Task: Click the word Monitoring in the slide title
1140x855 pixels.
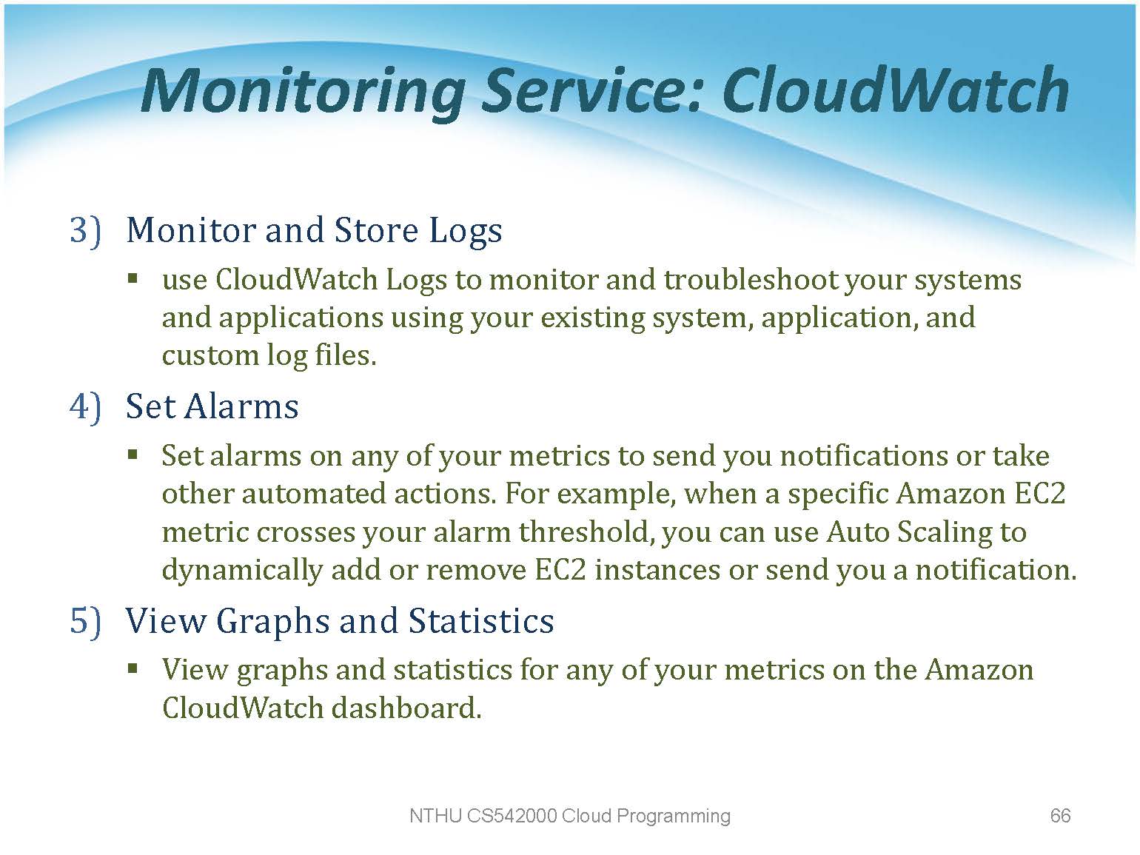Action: [302, 93]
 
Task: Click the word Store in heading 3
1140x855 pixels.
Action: [376, 230]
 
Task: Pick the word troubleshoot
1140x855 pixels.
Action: [750, 280]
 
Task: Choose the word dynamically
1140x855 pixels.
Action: [242, 571]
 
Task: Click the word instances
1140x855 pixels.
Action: [657, 570]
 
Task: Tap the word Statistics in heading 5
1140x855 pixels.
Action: [481, 620]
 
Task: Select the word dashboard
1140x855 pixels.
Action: [407, 708]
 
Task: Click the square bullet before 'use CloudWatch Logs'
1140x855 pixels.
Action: [133, 280]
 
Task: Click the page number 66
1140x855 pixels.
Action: [1060, 816]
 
